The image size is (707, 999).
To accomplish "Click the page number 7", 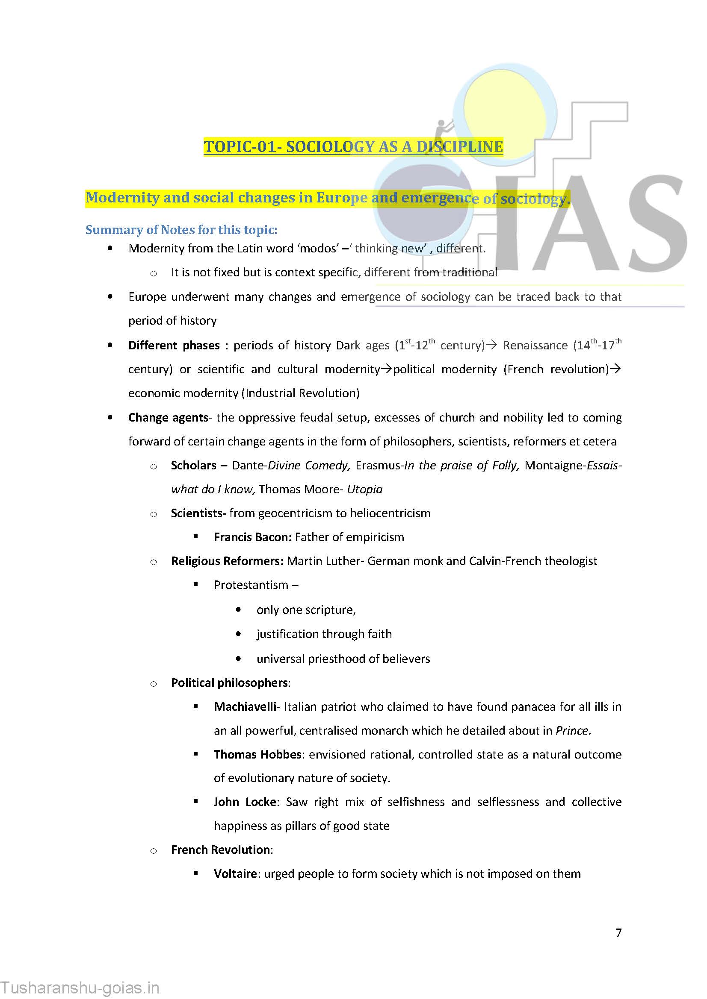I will (x=618, y=932).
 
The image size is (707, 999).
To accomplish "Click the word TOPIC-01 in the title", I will (x=240, y=146).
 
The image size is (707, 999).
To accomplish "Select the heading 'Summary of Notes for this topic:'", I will (x=181, y=229).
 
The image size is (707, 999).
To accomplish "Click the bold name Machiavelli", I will (x=245, y=706).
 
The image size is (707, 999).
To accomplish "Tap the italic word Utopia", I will (x=364, y=489).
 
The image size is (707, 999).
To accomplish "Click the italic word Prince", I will (x=573, y=730).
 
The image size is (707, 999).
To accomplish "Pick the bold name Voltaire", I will (x=235, y=873).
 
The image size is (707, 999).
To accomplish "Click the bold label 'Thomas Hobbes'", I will (x=257, y=754).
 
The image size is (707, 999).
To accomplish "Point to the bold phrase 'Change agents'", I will (x=168, y=417).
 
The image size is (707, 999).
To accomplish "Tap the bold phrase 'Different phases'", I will (x=174, y=345).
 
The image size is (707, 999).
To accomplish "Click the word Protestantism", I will (x=251, y=585).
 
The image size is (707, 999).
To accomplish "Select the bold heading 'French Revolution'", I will (x=220, y=850).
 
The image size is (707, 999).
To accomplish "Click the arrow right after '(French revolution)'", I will (x=615, y=369).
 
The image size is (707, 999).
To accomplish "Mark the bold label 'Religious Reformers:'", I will (x=227, y=561).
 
